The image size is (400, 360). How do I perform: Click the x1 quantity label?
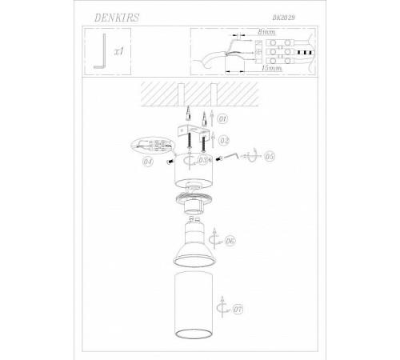pyautogui.click(x=118, y=51)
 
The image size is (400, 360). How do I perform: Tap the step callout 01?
pyautogui.click(x=223, y=118)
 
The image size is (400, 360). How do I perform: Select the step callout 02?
pyautogui.click(x=224, y=141)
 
